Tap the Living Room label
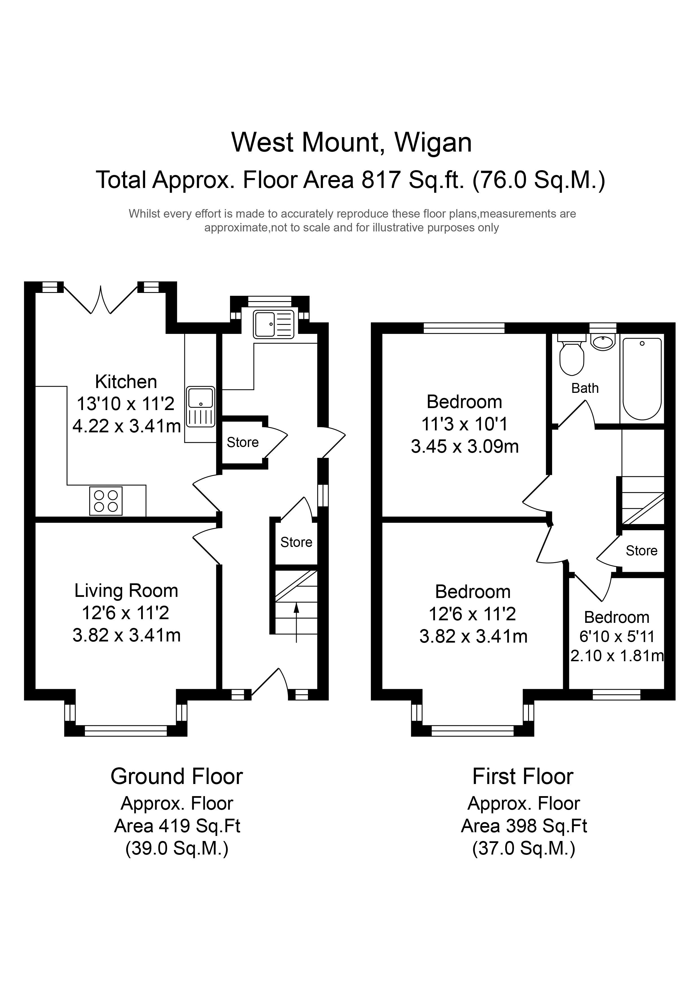point(126,591)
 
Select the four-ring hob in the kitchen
point(106,501)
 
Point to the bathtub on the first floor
point(642,378)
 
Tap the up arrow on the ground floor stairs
point(296,623)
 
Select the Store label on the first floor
point(641,551)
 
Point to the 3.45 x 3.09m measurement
point(465,447)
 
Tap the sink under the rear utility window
point(274,324)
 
